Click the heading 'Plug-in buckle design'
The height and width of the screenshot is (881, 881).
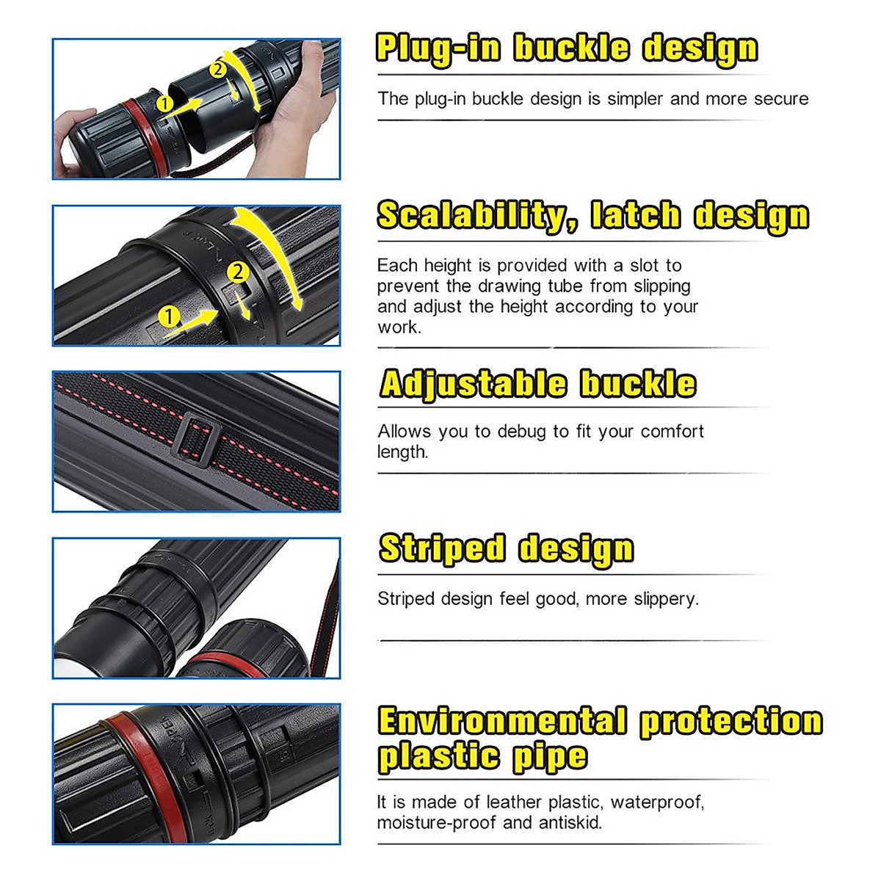566,48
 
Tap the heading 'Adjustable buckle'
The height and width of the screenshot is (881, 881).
537,384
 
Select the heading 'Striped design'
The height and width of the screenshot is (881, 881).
506,549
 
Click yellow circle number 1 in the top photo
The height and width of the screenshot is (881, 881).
165,104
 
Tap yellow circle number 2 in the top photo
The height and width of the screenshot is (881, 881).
218,70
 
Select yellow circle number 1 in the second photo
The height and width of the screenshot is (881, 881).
170,316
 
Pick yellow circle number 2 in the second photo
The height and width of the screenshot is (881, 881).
238,272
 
